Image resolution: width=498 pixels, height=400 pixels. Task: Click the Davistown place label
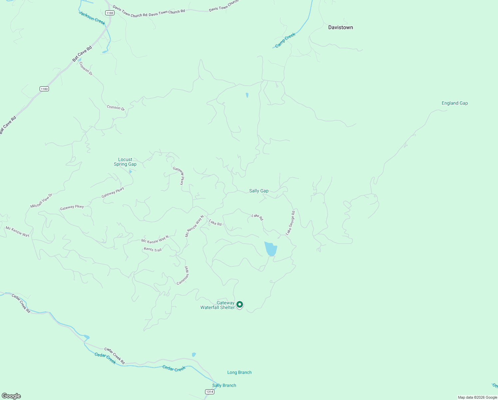341,27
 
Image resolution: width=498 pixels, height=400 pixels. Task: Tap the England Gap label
455,103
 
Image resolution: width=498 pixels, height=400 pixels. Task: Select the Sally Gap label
259,191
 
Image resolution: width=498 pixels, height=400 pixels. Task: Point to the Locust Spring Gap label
125,162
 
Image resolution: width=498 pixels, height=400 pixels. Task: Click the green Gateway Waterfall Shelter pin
239,305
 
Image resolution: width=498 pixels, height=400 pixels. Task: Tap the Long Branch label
239,373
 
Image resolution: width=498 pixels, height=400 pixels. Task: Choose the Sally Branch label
224,386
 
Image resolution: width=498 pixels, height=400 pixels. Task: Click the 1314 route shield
209,392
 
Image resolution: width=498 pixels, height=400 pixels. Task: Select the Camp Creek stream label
285,40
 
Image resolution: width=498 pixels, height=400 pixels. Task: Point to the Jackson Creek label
92,18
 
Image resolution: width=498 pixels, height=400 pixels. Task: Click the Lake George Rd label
290,223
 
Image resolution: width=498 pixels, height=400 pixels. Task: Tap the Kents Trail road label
153,250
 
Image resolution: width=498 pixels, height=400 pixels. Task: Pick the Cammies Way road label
183,275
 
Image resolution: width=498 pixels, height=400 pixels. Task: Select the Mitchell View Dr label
41,201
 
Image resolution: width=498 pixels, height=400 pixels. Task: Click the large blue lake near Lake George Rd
271,249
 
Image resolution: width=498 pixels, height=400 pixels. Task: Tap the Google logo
11,396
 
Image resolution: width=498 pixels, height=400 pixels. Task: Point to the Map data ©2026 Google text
477,397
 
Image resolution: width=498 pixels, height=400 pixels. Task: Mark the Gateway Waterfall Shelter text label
218,305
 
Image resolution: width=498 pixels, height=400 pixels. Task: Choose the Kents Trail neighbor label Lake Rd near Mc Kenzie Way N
215,222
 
